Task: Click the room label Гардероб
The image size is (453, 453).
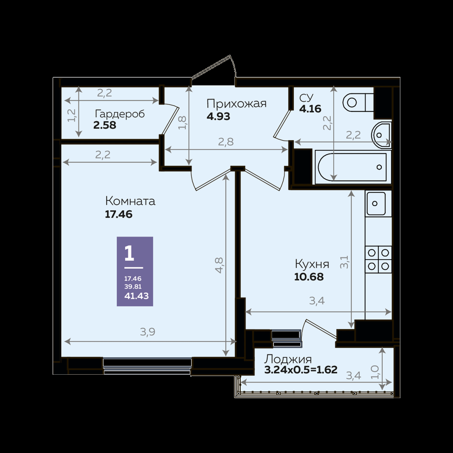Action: (119, 114)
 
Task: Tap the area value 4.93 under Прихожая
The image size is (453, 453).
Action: (219, 116)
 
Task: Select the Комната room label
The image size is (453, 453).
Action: (130, 201)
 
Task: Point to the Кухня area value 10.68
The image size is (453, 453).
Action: (309, 277)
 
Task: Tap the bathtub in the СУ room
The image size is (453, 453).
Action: (352, 167)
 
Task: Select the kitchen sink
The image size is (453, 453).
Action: (376, 203)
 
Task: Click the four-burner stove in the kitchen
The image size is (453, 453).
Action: (378, 259)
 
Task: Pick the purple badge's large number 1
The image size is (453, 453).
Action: (129, 253)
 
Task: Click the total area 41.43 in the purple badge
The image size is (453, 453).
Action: (136, 296)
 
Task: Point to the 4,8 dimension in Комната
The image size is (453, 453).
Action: (219, 265)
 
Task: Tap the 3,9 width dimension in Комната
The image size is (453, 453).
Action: (148, 332)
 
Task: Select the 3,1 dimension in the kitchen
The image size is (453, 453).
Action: (344, 262)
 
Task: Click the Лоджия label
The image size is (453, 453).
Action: (288, 359)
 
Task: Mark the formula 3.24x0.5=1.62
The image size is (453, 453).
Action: (301, 370)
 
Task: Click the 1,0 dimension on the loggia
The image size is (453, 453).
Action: (375, 372)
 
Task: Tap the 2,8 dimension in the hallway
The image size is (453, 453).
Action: (226, 142)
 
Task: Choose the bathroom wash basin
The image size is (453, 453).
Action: (381, 135)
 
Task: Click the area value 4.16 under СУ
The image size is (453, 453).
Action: (310, 109)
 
